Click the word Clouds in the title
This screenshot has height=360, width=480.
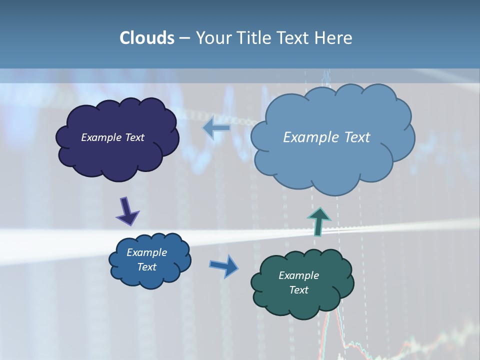146,38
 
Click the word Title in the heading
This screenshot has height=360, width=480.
254,38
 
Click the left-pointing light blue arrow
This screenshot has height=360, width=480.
216,128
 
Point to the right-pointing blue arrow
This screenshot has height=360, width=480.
224,265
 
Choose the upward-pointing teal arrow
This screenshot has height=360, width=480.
318,220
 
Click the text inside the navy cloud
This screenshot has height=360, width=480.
112,137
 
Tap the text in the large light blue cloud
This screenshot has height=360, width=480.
326,137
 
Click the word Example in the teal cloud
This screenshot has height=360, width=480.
298,275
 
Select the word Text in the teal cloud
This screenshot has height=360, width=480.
298,290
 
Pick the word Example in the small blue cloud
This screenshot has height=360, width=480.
146,252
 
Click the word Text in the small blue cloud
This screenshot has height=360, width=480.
146,267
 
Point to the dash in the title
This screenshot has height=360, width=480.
184,38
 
